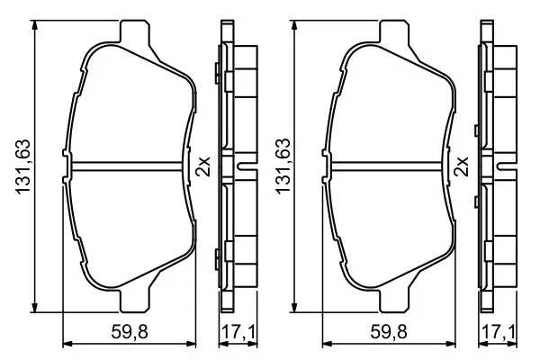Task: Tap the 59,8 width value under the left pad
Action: click(129, 328)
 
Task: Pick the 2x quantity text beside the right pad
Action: click(465, 166)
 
